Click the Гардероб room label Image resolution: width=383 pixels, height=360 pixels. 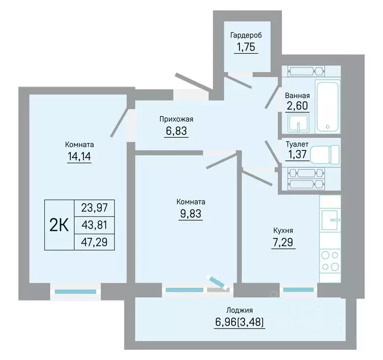pos(246,36)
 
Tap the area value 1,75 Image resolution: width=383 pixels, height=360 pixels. pos(246,47)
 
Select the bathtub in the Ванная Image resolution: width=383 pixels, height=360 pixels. pos(327,106)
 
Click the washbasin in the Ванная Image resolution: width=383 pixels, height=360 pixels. pos(298,123)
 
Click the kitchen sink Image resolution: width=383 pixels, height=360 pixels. pos(330,220)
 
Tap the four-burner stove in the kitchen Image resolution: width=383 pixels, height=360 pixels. pos(330,262)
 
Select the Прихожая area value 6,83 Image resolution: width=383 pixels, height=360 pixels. pos(176,131)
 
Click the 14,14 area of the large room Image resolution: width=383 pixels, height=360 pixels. pos(79,157)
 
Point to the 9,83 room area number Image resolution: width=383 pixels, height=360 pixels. pos(191,214)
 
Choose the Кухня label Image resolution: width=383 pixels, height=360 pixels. pos(283,230)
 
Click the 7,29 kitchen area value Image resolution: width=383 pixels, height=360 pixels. pos(283,242)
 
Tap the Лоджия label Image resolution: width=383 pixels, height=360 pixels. pos(240,310)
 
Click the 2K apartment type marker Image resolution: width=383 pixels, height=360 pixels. pos(59,225)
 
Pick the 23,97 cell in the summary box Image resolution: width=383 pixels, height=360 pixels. pos(95,208)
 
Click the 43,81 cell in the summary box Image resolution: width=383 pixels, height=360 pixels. pos(95,225)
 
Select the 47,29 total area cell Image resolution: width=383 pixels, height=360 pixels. pos(95,242)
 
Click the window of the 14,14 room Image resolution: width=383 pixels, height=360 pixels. pos(75,292)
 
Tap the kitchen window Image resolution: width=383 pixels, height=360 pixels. pos(299,290)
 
